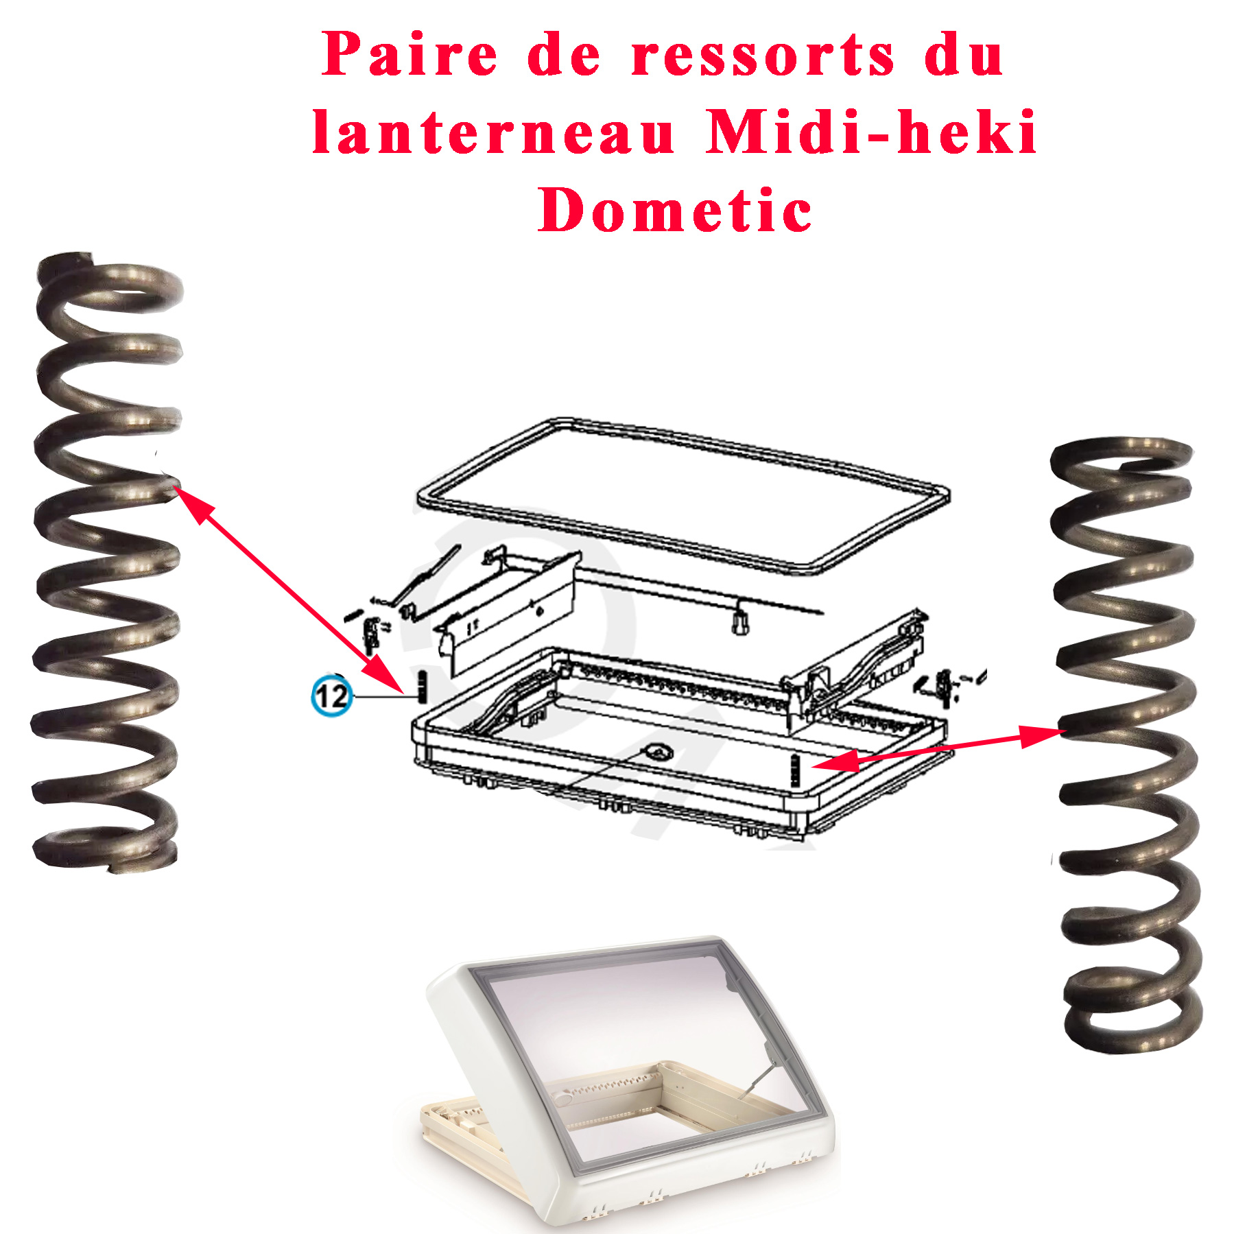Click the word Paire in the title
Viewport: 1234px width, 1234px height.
click(x=409, y=54)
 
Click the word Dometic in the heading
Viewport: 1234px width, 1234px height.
click(x=675, y=210)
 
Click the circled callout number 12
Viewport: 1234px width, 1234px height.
click(x=332, y=696)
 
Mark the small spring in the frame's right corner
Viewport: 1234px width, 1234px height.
click(x=796, y=770)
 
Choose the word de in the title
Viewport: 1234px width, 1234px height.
click(x=564, y=54)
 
